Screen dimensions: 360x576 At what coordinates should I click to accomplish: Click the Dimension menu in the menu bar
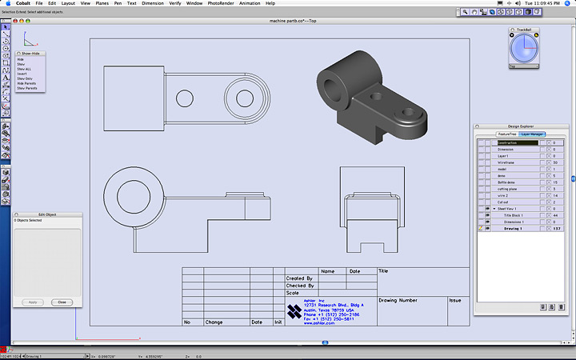point(153,4)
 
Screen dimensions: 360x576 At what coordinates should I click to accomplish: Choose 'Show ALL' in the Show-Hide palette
point(25,70)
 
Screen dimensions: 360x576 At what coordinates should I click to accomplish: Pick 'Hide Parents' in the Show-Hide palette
point(27,84)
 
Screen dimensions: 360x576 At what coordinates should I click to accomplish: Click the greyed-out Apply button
point(33,302)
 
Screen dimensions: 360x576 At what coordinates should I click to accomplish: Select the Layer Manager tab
point(533,134)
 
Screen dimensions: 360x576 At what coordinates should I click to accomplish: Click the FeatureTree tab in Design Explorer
point(507,134)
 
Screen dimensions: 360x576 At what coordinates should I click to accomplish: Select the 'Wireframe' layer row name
point(505,162)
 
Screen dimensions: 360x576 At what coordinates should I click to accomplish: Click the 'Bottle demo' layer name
point(506,182)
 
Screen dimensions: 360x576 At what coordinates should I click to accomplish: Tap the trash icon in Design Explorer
point(561,306)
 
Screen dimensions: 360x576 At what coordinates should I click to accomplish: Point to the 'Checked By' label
point(300,286)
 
